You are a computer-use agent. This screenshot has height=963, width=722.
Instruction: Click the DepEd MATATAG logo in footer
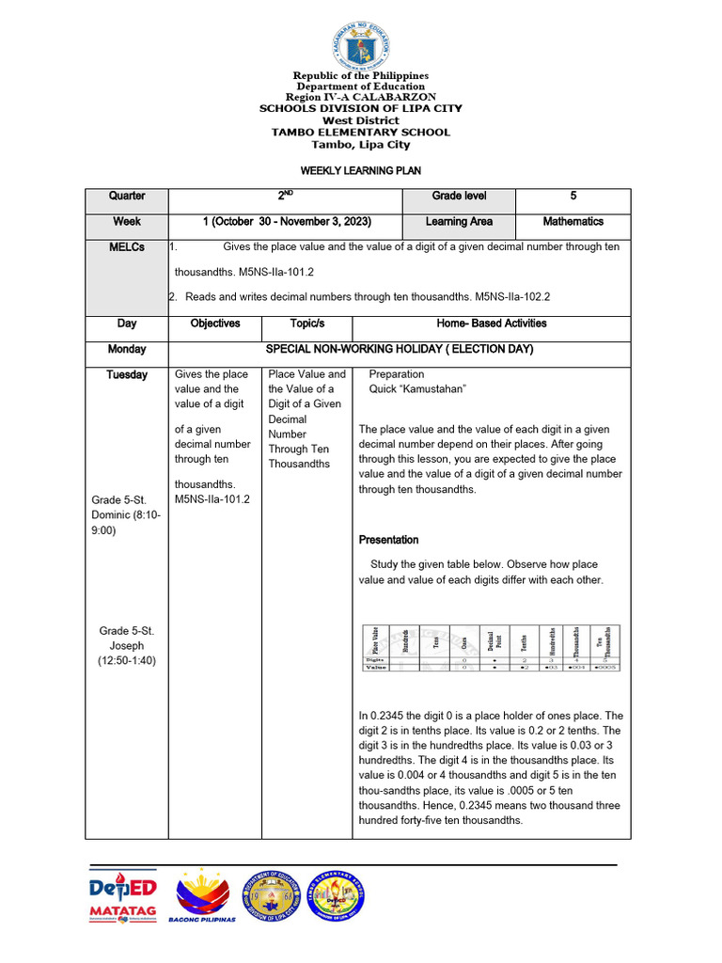(x=123, y=900)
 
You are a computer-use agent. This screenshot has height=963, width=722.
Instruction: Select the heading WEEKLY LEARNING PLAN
(x=360, y=171)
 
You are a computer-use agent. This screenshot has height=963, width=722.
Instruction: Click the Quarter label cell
(x=127, y=197)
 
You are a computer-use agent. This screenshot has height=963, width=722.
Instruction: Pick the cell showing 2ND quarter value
(x=285, y=197)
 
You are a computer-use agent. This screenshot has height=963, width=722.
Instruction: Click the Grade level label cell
(x=459, y=197)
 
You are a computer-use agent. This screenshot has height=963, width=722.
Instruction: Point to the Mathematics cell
(x=573, y=222)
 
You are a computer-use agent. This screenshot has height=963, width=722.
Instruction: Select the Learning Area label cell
(x=459, y=222)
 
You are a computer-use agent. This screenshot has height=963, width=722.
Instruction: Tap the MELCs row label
(x=127, y=247)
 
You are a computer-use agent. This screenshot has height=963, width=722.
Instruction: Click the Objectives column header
(x=214, y=324)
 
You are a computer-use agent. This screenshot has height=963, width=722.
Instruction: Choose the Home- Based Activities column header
(x=492, y=324)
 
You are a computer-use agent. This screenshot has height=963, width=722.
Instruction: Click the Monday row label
(x=127, y=349)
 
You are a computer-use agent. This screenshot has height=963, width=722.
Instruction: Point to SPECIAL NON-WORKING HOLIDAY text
(x=400, y=349)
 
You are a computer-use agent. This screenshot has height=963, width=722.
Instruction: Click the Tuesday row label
(x=127, y=374)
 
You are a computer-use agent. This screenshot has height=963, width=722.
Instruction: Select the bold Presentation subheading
(x=389, y=540)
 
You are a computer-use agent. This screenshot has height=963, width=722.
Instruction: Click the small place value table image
(x=492, y=648)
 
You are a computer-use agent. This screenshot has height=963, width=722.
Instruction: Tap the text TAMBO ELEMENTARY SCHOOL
(x=360, y=133)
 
